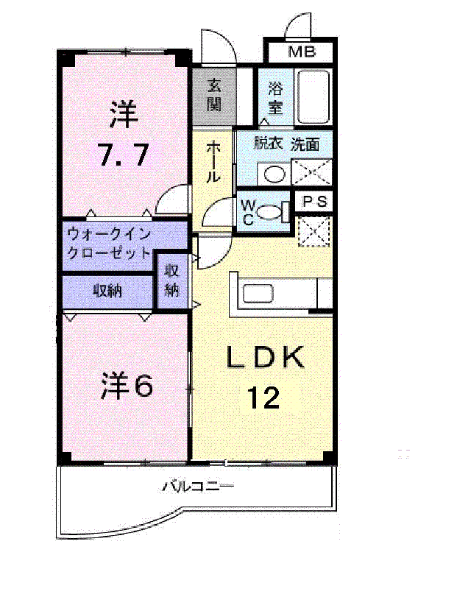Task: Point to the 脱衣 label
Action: point(269,144)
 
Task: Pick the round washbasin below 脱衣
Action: point(275,174)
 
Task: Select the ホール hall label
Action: point(212,162)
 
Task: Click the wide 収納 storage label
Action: point(107,291)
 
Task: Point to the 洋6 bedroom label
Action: point(127,386)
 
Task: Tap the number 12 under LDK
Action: point(263,398)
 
